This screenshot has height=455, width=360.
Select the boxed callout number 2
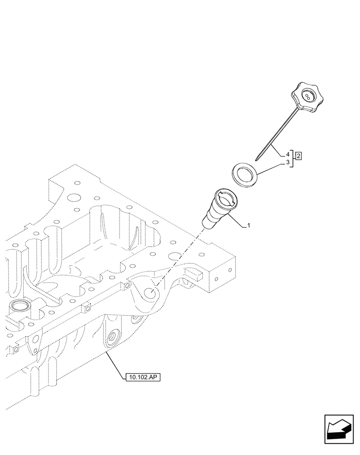point(299,156)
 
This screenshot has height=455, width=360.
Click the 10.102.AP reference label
point(142,377)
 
